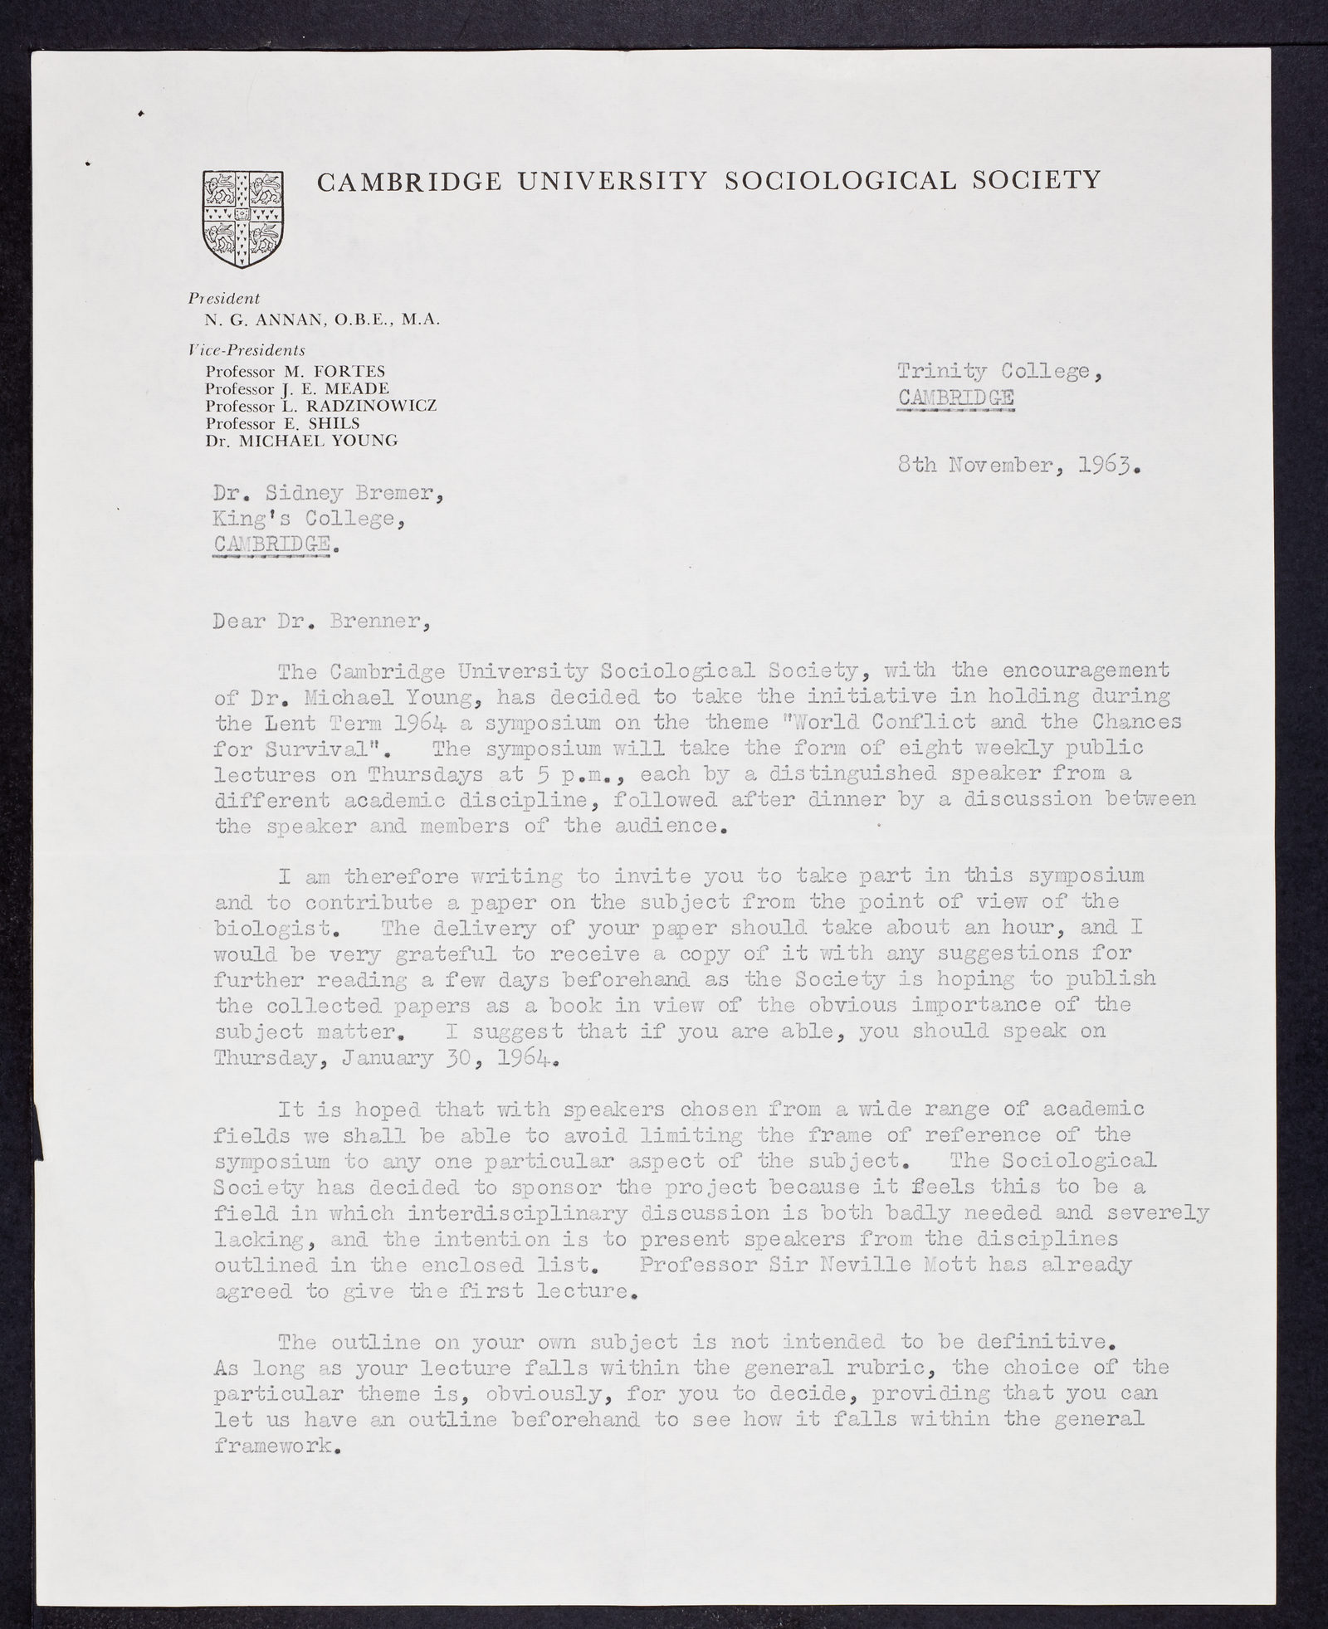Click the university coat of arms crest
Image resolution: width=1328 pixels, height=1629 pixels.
coord(242,218)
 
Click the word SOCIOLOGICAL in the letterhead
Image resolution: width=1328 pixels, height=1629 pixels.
coord(841,180)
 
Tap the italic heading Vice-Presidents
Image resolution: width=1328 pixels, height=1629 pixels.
coord(247,350)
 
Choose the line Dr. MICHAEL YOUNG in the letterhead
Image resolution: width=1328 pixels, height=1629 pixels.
coord(301,441)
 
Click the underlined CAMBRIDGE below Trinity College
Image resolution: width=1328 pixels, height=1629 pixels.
coord(955,398)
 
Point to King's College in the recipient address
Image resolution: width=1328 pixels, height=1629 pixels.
coord(310,519)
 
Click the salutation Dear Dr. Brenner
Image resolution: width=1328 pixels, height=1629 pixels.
coord(322,622)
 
